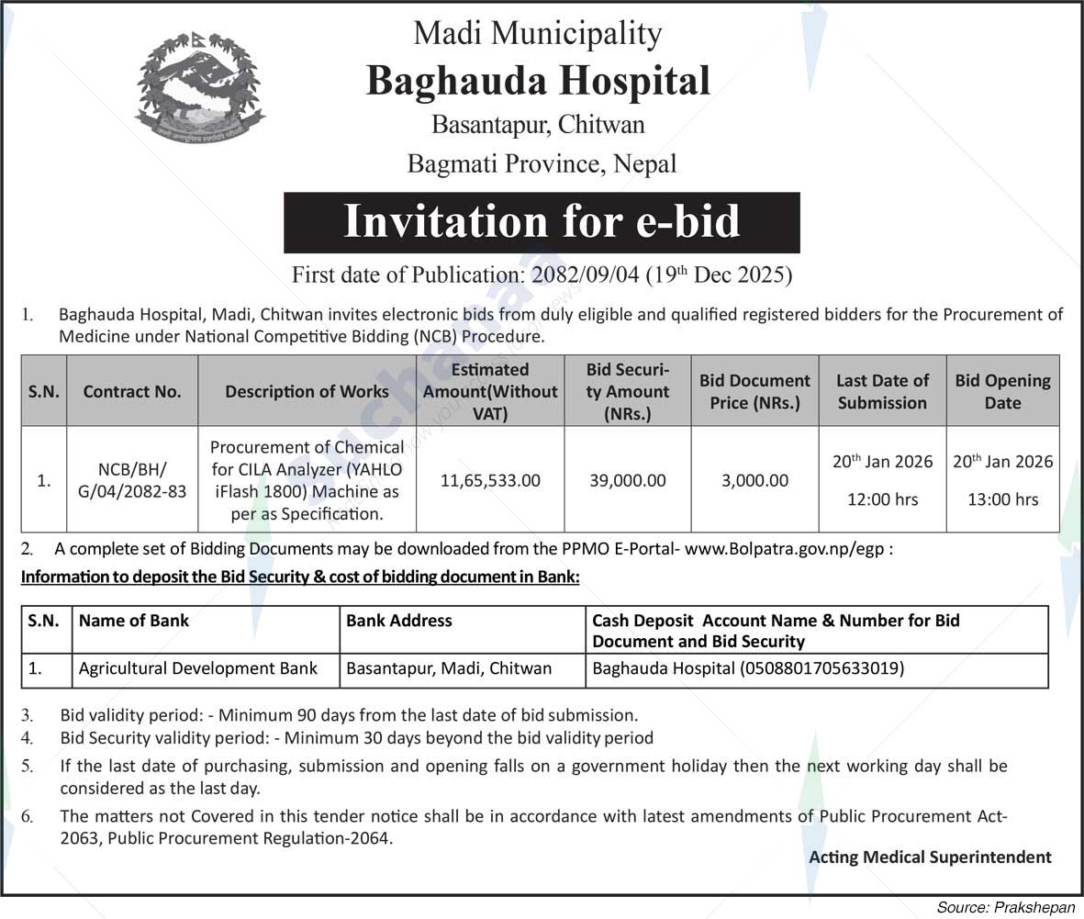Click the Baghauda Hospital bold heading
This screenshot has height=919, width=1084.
[538, 81]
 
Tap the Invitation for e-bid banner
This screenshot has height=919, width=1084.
[542, 222]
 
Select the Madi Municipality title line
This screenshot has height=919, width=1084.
[537, 34]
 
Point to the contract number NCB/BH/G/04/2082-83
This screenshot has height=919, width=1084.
[132, 480]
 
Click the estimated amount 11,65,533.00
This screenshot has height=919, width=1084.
[490, 480]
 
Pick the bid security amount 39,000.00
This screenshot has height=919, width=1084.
[627, 480]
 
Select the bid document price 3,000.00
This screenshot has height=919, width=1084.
[754, 480]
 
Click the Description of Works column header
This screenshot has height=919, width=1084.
[307, 391]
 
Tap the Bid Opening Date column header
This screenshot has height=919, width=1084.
[1002, 391]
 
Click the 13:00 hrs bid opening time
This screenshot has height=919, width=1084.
[1002, 499]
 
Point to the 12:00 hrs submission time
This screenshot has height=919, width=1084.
[882, 499]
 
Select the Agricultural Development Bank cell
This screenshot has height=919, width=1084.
[198, 669]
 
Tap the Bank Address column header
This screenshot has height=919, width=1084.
[399, 621]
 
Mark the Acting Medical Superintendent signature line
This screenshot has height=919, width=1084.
[930, 857]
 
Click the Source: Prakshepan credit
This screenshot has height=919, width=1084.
[1005, 906]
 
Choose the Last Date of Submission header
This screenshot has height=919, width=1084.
[882, 391]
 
